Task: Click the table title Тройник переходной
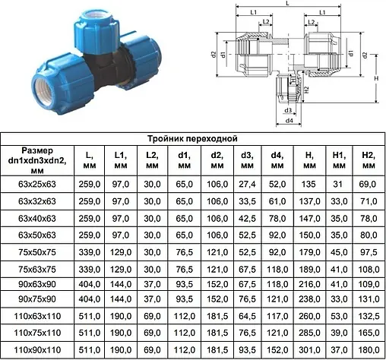click(x=192, y=139)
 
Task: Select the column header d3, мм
click(x=247, y=160)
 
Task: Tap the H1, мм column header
click(x=339, y=160)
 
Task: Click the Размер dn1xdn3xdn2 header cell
click(x=37, y=160)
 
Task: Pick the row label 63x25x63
click(x=37, y=184)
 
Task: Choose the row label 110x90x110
click(x=37, y=350)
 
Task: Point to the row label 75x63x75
click(x=37, y=270)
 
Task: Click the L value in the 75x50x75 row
click(x=89, y=252)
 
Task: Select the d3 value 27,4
click(x=247, y=184)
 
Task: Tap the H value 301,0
click(x=309, y=350)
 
